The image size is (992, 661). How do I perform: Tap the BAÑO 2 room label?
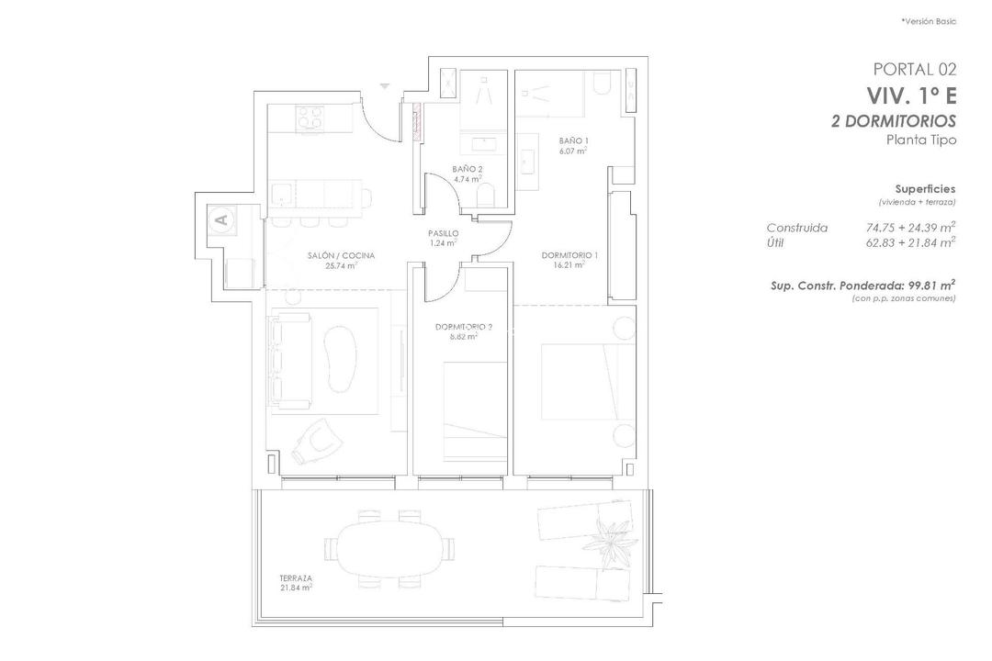tap(468, 169)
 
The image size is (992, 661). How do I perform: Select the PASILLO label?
tap(443, 234)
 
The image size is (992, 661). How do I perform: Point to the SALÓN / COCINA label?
tap(340, 255)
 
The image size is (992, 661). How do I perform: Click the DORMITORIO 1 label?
tap(569, 255)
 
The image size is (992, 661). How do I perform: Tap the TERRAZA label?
tap(296, 578)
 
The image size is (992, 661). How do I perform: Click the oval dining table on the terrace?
tap(387, 549)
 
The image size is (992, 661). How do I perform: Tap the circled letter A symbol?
tap(220, 219)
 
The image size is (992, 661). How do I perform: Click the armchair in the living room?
tap(315, 443)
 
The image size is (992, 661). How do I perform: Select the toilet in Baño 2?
tap(487, 195)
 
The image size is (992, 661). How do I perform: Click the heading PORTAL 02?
tap(914, 69)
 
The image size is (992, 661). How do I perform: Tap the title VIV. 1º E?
tap(910, 95)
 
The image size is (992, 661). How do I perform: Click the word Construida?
tap(796, 228)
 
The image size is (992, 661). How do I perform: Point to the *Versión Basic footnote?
tap(929, 21)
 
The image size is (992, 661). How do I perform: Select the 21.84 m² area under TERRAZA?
tap(296, 588)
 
